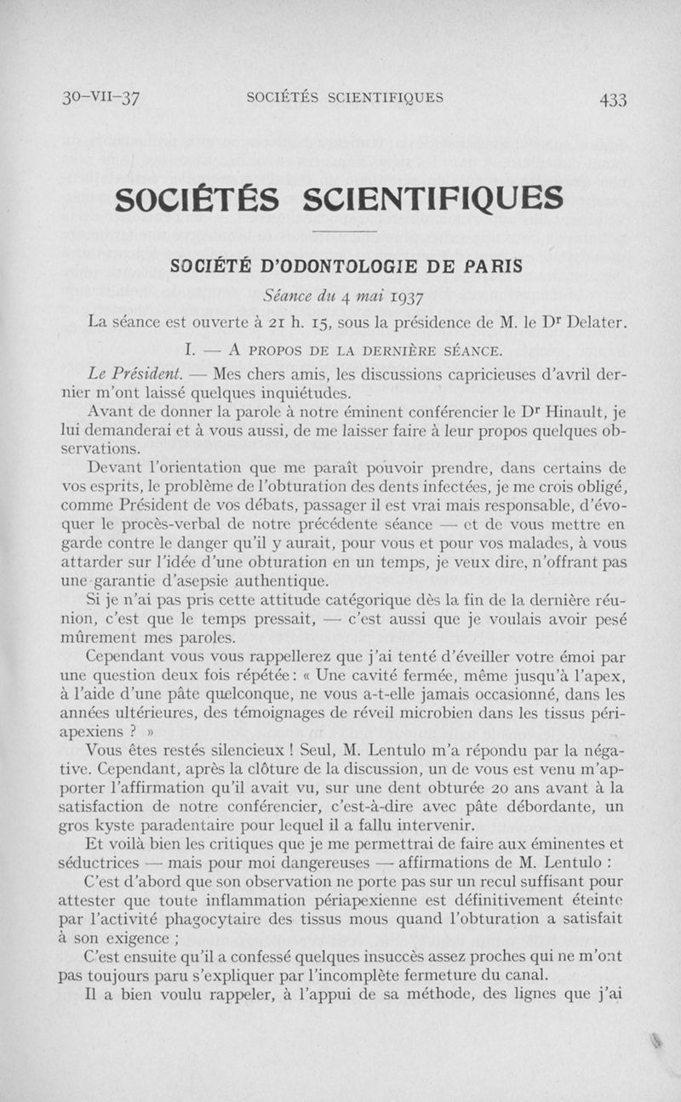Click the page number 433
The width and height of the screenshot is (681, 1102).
[612, 99]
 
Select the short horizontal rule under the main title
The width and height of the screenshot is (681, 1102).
[345, 231]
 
